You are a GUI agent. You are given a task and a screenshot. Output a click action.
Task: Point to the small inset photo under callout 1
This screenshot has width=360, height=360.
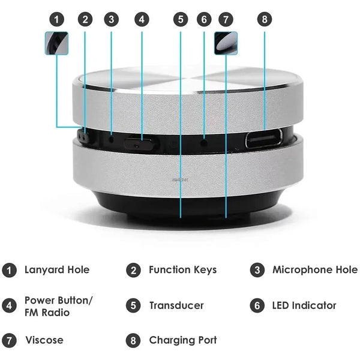tap(56, 43)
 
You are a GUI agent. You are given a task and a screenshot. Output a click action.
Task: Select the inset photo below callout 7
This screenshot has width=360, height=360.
tap(226, 43)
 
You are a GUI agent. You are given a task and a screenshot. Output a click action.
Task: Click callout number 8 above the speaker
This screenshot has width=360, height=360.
tap(265, 19)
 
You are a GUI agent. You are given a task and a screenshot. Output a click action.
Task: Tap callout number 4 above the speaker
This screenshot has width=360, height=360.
tap(142, 19)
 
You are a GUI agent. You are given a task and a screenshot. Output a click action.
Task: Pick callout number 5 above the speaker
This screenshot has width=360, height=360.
tap(181, 19)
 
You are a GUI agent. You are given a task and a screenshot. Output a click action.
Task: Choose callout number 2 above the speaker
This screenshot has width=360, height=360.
tap(85, 19)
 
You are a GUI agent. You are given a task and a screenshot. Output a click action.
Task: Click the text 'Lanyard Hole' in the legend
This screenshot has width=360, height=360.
tap(56, 270)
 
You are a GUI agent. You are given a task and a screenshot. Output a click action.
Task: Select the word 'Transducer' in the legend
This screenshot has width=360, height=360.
tap(176, 305)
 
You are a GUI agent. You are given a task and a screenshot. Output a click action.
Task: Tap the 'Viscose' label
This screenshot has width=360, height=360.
tap(44, 340)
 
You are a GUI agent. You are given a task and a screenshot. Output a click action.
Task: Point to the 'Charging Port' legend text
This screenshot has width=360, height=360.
tap(183, 340)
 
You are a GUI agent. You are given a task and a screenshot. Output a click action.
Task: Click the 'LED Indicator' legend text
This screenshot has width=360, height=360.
tap(304, 305)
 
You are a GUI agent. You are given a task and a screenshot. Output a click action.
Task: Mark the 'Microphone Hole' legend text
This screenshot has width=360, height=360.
tap(314, 270)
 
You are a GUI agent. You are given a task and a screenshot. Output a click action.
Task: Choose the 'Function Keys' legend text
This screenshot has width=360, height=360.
tap(183, 270)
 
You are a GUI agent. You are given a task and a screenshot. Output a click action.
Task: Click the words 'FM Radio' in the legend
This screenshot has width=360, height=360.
tap(47, 313)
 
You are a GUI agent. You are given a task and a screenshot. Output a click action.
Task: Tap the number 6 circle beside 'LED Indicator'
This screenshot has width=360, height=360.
tap(257, 305)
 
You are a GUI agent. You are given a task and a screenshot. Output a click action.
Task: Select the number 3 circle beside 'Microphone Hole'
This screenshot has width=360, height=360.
tap(257, 270)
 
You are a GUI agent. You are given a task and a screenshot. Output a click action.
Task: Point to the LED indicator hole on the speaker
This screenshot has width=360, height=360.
tap(204, 143)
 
